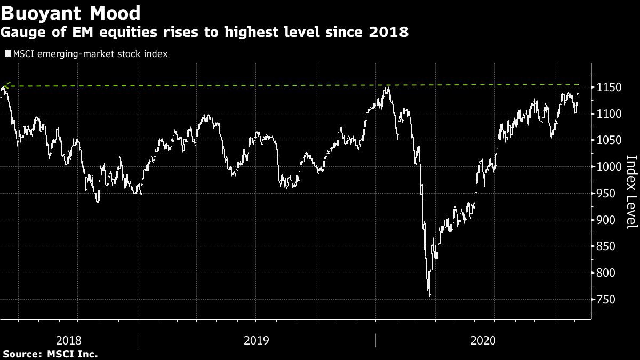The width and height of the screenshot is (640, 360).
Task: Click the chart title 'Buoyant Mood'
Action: pos(71,13)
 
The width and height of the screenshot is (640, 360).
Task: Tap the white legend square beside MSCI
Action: pos(7,54)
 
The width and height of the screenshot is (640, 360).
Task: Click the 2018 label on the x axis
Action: pos(68,340)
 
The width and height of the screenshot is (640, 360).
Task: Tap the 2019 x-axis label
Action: pos(256,340)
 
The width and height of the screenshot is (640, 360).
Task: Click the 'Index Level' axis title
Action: pos(631,191)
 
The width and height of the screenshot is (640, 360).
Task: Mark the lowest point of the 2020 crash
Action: pos(429,297)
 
